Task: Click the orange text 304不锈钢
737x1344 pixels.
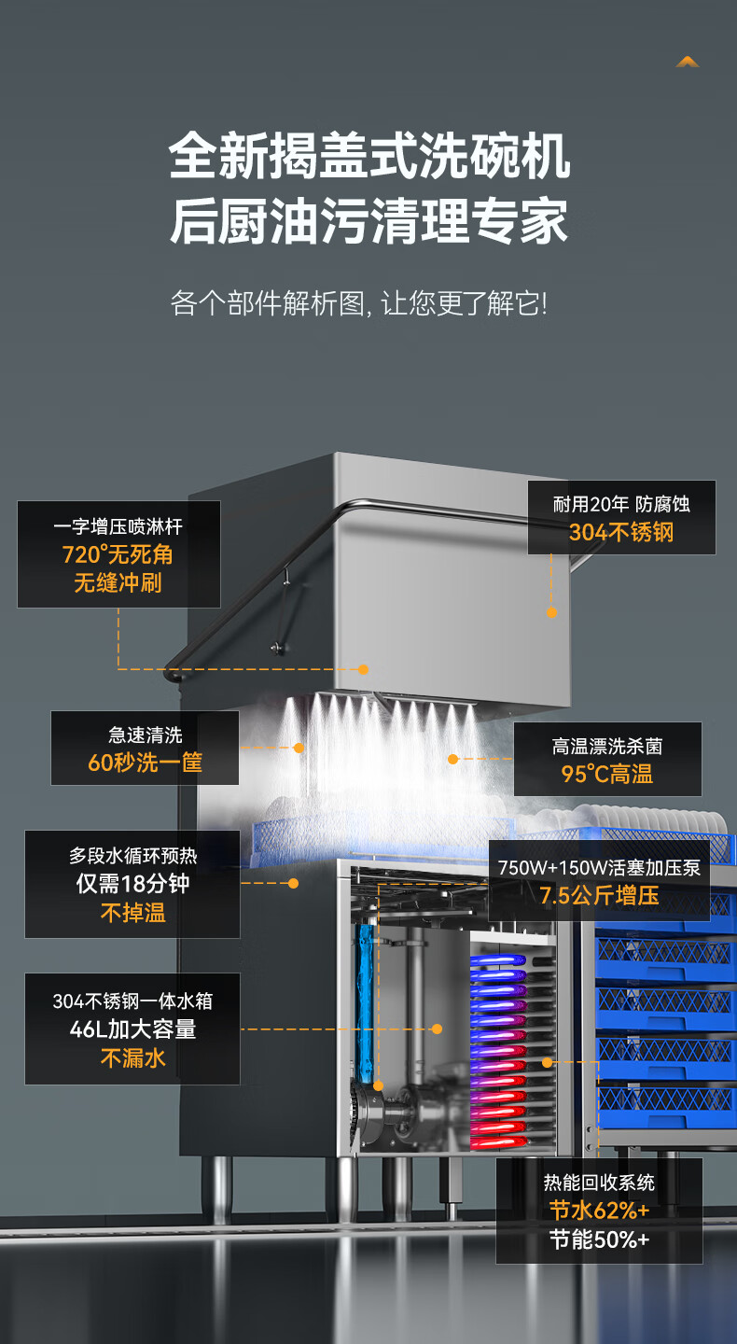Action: [x=621, y=533]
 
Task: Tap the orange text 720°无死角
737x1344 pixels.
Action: [x=118, y=554]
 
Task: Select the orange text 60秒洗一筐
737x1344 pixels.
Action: [x=145, y=763]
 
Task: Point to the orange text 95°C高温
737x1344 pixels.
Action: [x=606, y=774]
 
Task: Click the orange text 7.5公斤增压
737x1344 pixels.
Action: [x=599, y=896]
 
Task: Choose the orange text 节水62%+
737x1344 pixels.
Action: [x=599, y=1211]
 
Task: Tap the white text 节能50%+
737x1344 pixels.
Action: [x=599, y=1239]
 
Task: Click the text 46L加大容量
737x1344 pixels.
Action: [x=132, y=1029]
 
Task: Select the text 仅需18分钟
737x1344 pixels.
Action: [x=132, y=884]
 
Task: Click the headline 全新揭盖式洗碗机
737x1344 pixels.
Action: [x=369, y=156]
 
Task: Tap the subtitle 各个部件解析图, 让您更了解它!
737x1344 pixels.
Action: [x=359, y=302]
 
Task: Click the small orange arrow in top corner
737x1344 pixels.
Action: [x=688, y=62]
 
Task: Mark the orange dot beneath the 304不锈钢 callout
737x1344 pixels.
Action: [x=551, y=612]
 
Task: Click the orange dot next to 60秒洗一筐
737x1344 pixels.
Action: [x=299, y=748]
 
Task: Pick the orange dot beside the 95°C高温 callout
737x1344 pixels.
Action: [x=453, y=759]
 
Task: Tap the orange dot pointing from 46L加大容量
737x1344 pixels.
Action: [x=437, y=1029]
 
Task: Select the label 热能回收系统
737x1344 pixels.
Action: [x=599, y=1183]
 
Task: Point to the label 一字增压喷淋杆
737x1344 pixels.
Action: [x=118, y=526]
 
